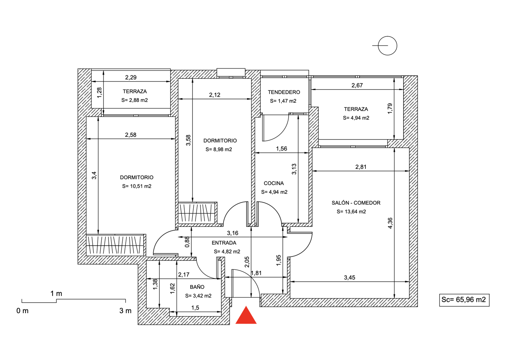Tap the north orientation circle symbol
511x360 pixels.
[x=387, y=46]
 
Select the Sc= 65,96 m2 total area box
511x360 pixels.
[x=464, y=300]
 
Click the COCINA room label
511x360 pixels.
[x=274, y=183]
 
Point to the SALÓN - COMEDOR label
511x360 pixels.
[x=356, y=203]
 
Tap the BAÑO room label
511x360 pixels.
[x=197, y=287]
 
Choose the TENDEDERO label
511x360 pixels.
[x=284, y=92]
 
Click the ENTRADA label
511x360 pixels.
[x=224, y=243]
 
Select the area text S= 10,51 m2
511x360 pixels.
[x=137, y=186]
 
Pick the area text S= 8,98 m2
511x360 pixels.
[x=218, y=150]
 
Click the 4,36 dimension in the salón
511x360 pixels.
[x=390, y=223]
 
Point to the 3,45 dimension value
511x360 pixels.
[x=350, y=277]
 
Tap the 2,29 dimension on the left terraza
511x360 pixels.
[x=131, y=78]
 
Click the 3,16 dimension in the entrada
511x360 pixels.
[x=233, y=233]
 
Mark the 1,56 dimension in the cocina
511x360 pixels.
[x=281, y=148]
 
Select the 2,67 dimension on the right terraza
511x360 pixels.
[x=357, y=85]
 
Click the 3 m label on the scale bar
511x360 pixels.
[x=125, y=311]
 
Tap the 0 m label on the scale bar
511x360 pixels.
[x=23, y=311]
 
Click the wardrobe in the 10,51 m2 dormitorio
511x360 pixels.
[x=116, y=245]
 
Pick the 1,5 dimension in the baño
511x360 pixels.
[x=195, y=308]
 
